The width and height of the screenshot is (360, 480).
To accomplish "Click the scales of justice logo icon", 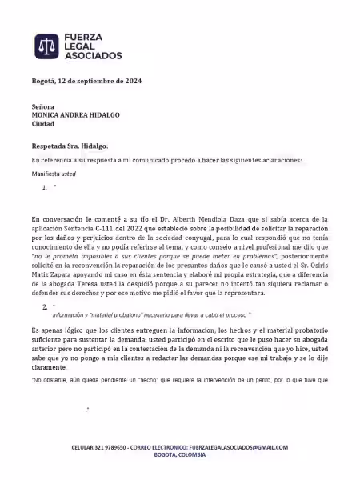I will point(47,47).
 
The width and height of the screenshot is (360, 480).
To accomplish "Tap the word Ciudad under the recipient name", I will point(43,124).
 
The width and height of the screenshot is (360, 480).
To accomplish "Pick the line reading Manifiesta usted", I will point(54,173).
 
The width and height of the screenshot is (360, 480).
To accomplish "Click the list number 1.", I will point(46,187).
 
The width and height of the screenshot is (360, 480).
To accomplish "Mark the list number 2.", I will point(46,306).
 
